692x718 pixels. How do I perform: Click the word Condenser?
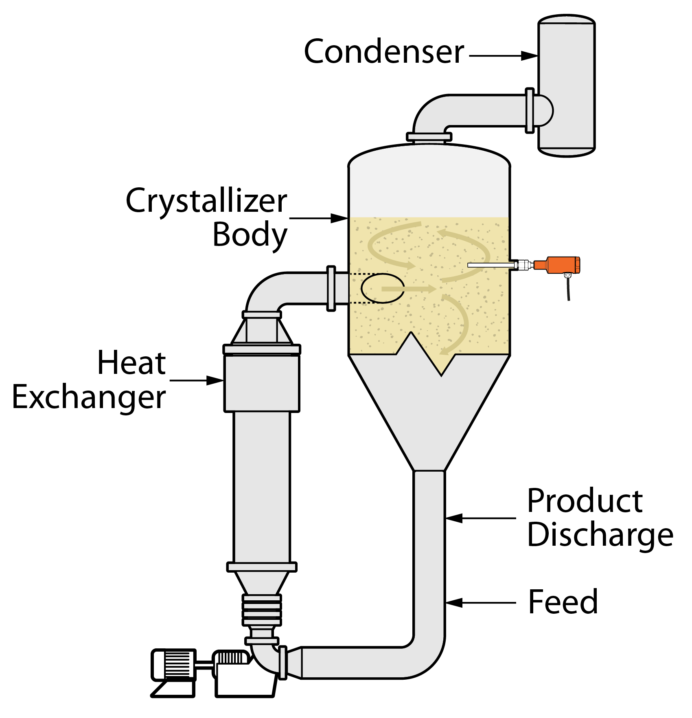coord(384,52)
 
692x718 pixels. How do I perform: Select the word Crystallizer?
coord(206,201)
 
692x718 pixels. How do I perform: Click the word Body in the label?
coord(250,235)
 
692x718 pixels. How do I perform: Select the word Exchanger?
coord(89,397)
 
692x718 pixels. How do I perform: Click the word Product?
coord(585,501)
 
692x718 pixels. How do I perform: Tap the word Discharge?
coord(600,535)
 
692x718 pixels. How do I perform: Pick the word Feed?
coord(563,602)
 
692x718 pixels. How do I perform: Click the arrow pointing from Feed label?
coord(480,602)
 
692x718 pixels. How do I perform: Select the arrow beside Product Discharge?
coord(480,518)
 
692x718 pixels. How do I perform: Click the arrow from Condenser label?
coord(504,56)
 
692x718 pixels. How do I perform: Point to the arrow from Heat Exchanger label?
coord(196,381)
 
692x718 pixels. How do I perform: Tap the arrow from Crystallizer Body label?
coord(318,219)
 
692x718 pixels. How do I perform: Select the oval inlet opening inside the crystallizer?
coord(382,288)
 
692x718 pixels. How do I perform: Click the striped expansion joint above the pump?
coord(262,610)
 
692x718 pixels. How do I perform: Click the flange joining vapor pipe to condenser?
coord(530,110)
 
